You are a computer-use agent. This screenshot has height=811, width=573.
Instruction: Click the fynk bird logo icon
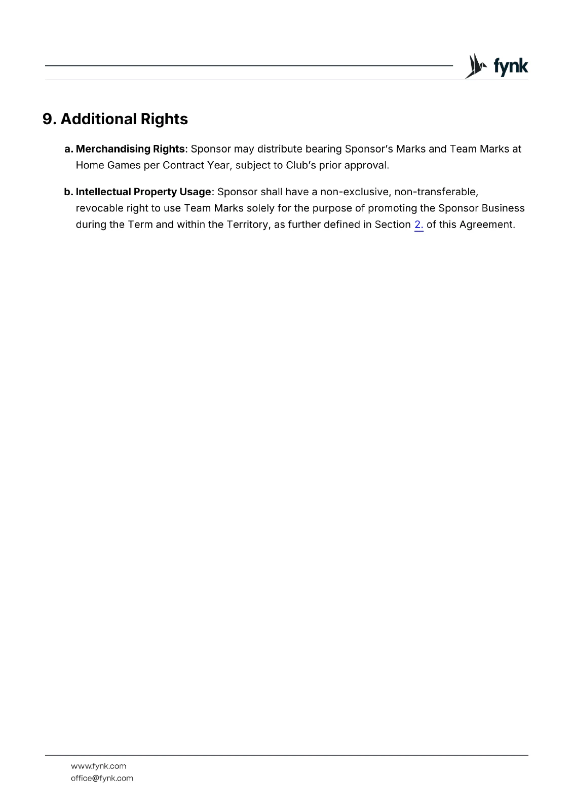click(x=475, y=66)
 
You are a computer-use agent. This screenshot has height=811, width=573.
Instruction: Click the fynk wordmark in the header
click(x=511, y=66)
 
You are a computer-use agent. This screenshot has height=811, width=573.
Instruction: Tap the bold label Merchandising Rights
click(x=130, y=149)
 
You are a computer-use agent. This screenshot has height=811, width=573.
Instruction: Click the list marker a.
click(x=68, y=149)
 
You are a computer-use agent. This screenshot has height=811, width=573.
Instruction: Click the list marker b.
click(x=68, y=192)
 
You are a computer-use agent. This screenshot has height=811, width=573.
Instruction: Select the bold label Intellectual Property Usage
click(x=143, y=192)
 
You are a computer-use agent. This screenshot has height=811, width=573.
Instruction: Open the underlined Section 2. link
click(x=418, y=225)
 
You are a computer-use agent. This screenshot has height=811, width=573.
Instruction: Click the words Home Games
click(x=108, y=165)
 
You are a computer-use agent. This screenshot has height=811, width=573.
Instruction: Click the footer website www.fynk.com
click(x=98, y=766)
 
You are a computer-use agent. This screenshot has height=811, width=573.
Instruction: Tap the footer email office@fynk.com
click(x=102, y=778)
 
